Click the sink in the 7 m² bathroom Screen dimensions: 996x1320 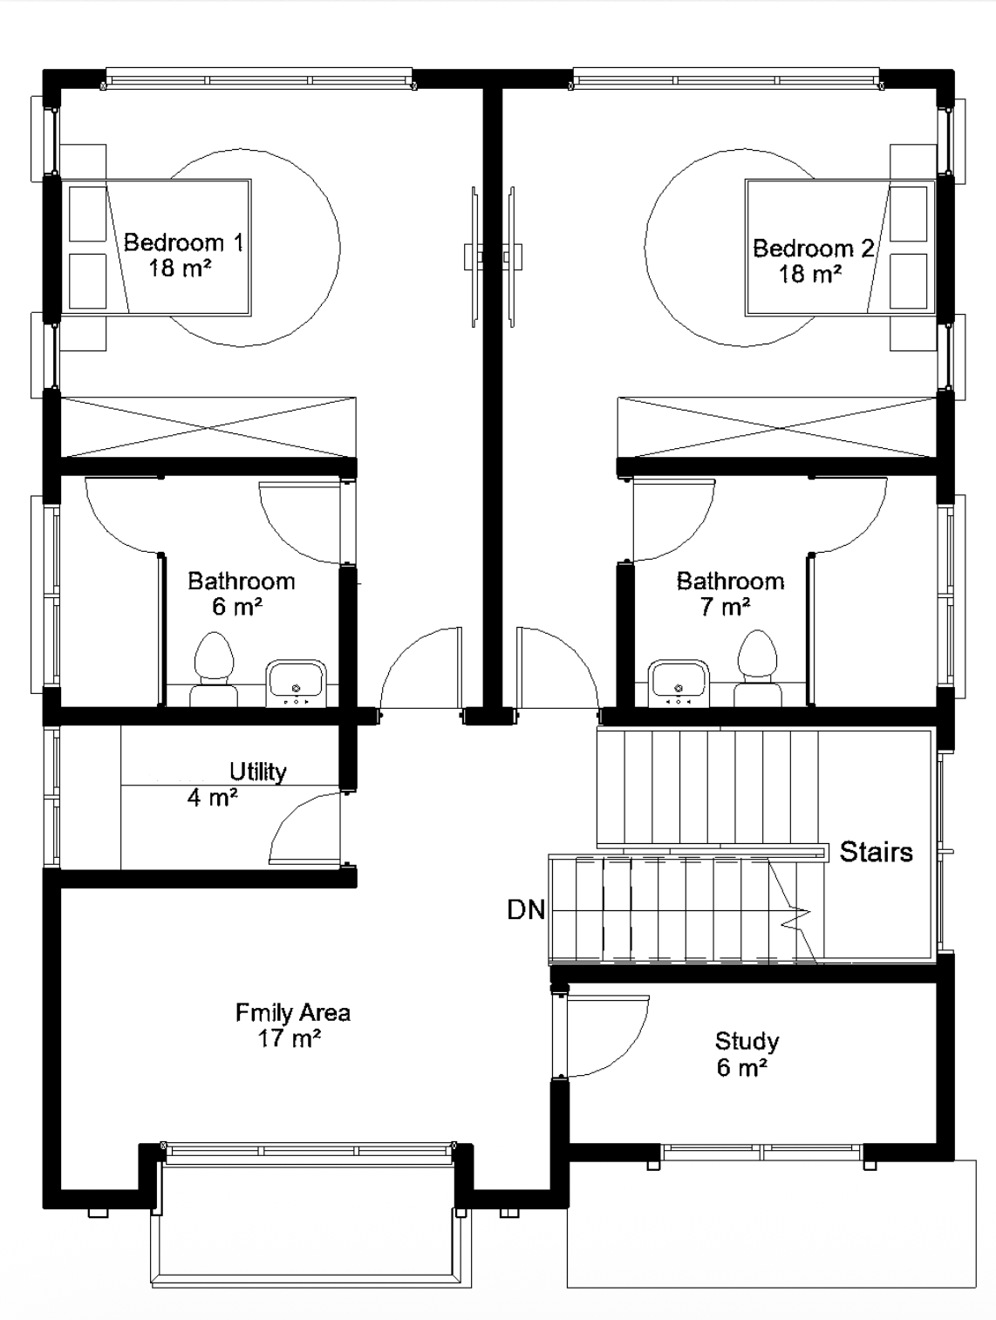[x=679, y=684]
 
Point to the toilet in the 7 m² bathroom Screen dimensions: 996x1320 [x=758, y=668]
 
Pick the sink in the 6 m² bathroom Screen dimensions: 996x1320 [x=296, y=684]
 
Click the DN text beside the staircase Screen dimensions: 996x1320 [x=526, y=910]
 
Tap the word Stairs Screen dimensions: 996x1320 [x=876, y=852]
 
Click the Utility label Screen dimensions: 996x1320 [x=257, y=772]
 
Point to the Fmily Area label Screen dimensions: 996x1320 [x=293, y=1013]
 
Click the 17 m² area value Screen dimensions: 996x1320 [x=290, y=1038]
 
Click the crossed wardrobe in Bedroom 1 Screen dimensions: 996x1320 [x=208, y=427]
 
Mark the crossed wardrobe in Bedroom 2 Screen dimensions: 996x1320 [x=778, y=427]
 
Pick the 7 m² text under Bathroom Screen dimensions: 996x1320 [x=724, y=608]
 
